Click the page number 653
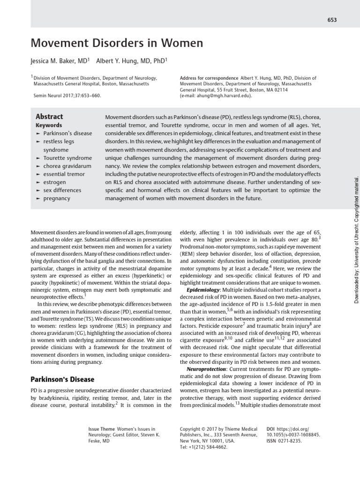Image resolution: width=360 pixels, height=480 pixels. (332, 20)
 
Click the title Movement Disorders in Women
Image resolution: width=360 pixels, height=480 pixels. (117, 44)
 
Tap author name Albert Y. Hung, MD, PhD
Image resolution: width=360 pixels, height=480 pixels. (131, 61)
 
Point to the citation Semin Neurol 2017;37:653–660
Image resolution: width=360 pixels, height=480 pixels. (67, 95)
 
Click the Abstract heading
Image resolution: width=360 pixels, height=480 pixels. (49, 117)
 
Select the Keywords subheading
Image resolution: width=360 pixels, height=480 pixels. (49, 126)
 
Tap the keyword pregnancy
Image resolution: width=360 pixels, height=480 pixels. (57, 198)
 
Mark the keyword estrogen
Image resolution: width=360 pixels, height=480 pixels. (54, 182)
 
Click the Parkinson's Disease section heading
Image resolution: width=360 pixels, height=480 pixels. (62, 379)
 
